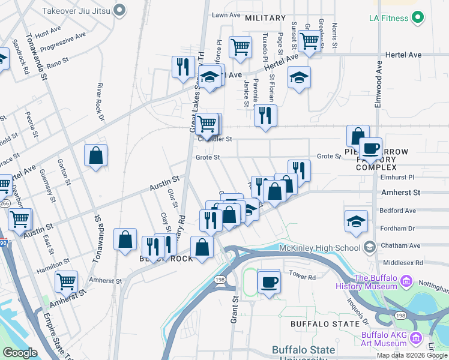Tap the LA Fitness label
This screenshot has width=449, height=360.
[x=389, y=18]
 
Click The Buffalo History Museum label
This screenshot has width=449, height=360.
[x=375, y=282]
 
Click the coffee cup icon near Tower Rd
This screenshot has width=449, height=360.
[x=269, y=281]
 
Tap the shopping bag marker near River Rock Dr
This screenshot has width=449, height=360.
[x=95, y=156]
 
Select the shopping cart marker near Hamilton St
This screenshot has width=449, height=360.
[x=66, y=281]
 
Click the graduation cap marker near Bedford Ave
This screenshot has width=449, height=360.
[x=357, y=221]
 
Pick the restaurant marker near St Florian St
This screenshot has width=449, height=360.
[x=265, y=115]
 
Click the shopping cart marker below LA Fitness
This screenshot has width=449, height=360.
[x=309, y=41]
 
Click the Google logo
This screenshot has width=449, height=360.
[x=20, y=353]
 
